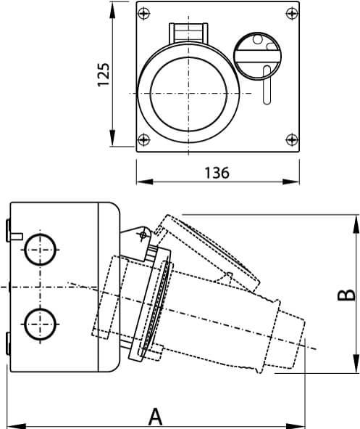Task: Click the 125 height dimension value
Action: pyautogui.click(x=104, y=75)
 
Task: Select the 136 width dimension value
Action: pyautogui.click(x=217, y=173)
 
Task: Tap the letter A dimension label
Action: pyautogui.click(x=154, y=417)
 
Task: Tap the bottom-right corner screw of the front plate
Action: pyautogui.click(x=290, y=139)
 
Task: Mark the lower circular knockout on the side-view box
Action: pyautogui.click(x=38, y=324)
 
